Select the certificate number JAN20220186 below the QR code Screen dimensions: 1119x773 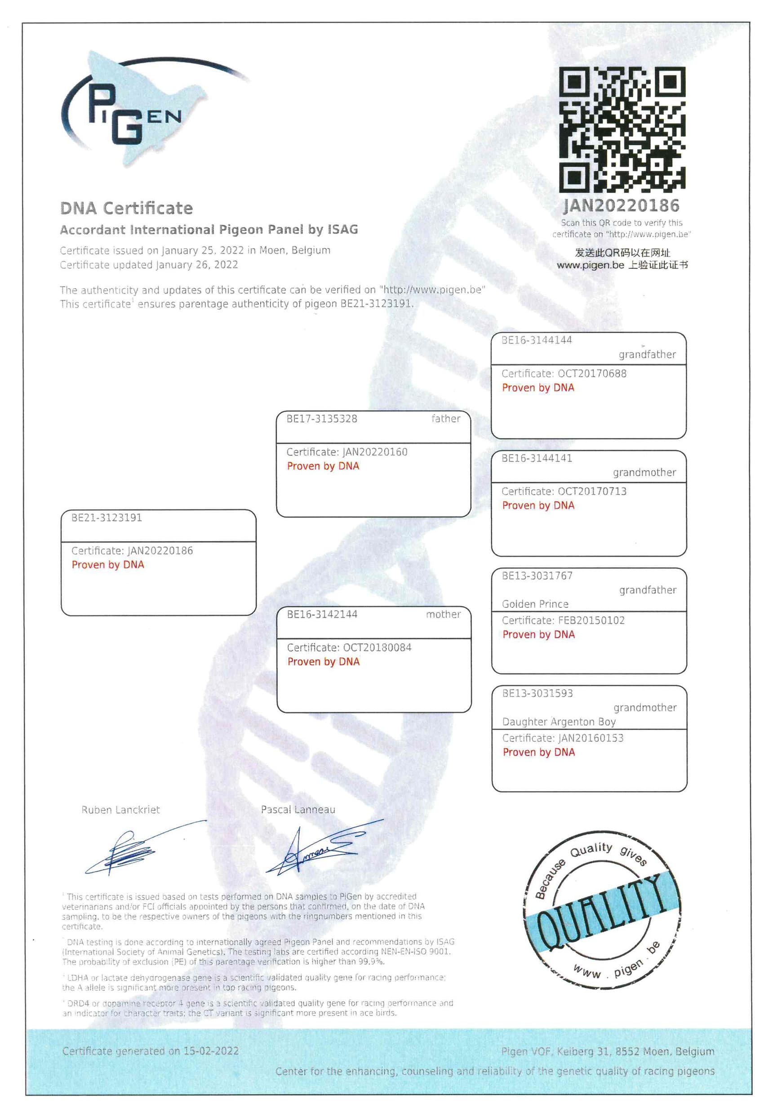[x=622, y=206]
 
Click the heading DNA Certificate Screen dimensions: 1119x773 [x=126, y=208]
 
